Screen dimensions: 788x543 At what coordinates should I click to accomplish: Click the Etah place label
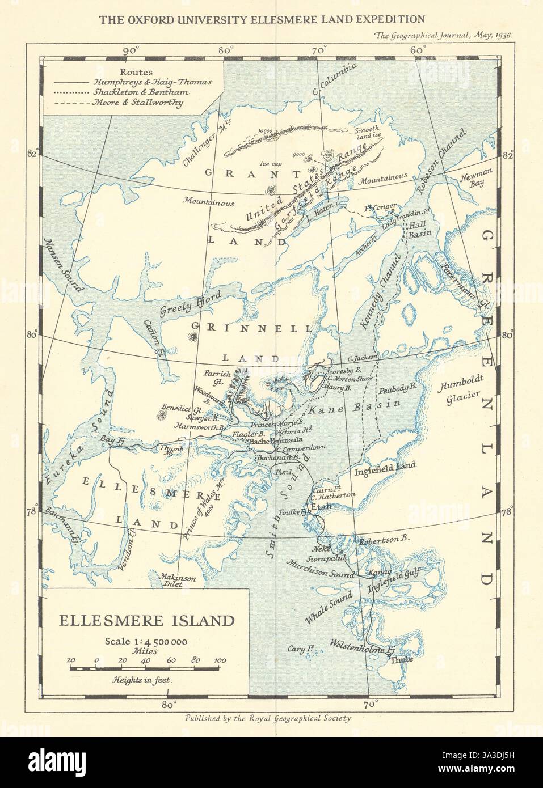click(x=321, y=507)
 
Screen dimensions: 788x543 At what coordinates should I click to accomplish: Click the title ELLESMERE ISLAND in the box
click(x=147, y=620)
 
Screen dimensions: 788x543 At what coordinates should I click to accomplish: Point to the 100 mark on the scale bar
click(x=220, y=660)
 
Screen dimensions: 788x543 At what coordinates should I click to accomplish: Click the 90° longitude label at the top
click(x=131, y=50)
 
